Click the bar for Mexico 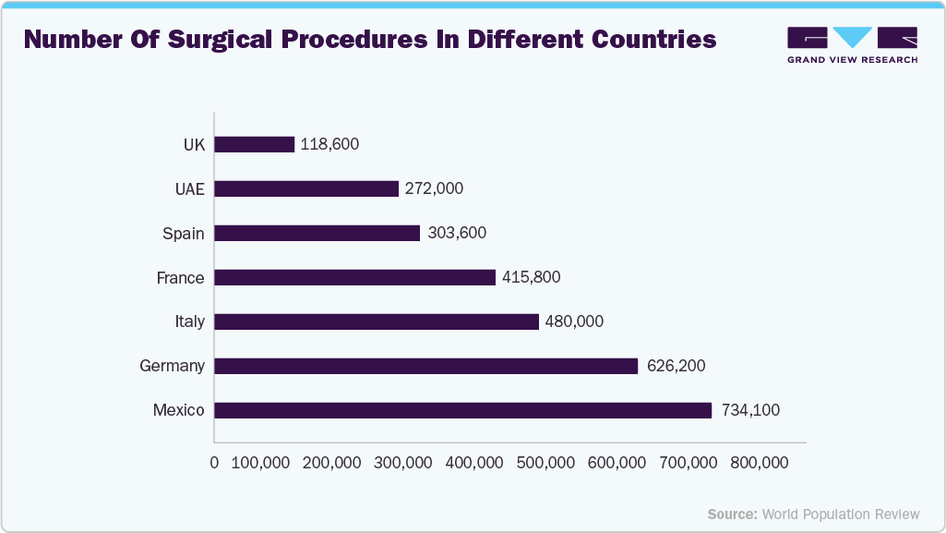click(x=463, y=410)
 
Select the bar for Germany click(x=426, y=366)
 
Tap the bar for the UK click(x=255, y=144)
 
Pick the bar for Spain click(x=317, y=233)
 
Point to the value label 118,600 click(x=329, y=144)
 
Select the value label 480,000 click(x=574, y=321)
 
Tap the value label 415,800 click(x=531, y=277)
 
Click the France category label click(x=181, y=277)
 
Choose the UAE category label click(x=189, y=188)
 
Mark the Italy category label click(x=189, y=321)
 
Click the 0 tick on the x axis click(x=215, y=463)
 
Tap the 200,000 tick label click(x=331, y=463)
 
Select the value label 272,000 click(x=434, y=188)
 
